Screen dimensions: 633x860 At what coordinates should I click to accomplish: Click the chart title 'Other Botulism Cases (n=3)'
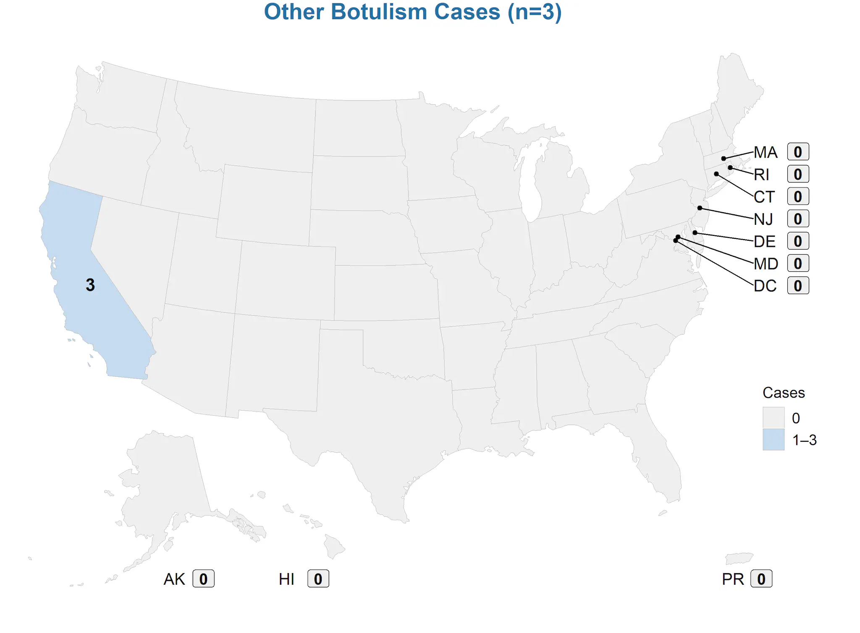tap(412, 12)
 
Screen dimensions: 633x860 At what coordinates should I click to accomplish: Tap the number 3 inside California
tap(90, 285)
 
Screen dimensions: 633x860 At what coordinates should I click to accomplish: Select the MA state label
tap(766, 152)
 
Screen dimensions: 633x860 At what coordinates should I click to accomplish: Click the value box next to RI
tap(797, 174)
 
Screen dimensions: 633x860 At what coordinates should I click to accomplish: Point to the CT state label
tap(764, 197)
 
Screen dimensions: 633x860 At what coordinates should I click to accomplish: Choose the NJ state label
tap(763, 219)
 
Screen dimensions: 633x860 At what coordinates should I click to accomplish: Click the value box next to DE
tap(797, 241)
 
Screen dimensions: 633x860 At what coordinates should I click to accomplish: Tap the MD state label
tap(766, 264)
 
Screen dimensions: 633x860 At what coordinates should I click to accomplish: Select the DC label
tap(765, 286)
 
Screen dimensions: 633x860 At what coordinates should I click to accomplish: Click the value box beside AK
tap(203, 579)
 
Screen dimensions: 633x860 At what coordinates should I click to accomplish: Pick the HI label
tap(286, 579)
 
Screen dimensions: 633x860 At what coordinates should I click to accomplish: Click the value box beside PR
tap(761, 579)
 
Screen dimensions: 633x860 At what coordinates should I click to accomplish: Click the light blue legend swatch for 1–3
tap(773, 440)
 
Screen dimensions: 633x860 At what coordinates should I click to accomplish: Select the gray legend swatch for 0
tap(773, 418)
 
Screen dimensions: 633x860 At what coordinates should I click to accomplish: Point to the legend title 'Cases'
tap(783, 393)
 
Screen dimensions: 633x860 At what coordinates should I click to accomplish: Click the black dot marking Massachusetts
tap(724, 159)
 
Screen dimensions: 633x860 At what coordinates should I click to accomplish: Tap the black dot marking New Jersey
tap(700, 208)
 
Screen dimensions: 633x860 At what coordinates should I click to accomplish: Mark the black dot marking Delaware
tap(695, 233)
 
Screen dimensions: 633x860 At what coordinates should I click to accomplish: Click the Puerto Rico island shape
tap(739, 558)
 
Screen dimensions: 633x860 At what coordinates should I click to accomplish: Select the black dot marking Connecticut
tap(716, 174)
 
